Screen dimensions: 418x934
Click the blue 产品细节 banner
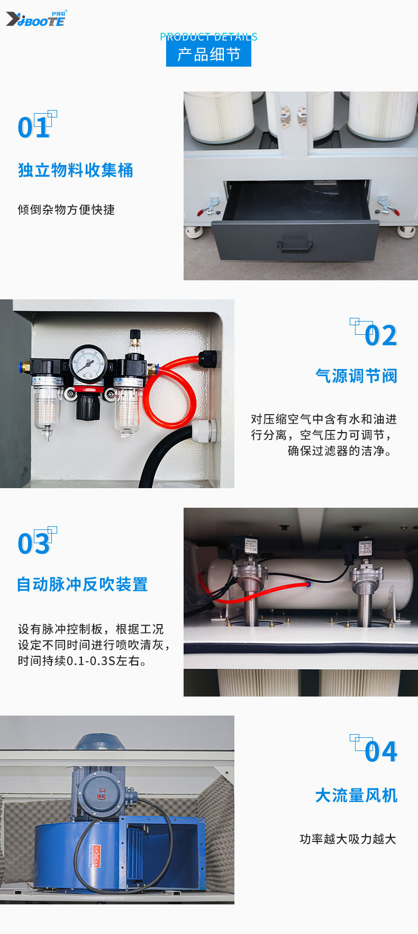pos(208,54)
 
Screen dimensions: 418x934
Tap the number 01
pos(34,127)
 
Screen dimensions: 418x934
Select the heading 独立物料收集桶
pos(76,170)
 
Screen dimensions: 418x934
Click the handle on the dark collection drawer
pos(295,244)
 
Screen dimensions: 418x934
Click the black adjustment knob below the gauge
pos(88,407)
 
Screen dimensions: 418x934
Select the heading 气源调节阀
pos(356,376)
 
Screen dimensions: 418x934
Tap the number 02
pos(380,335)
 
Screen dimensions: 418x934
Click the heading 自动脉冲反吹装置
pos(83,584)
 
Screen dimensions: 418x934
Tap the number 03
pos(34,544)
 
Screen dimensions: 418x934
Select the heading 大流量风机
pos(356,795)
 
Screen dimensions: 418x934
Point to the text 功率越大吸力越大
pos(348,839)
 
